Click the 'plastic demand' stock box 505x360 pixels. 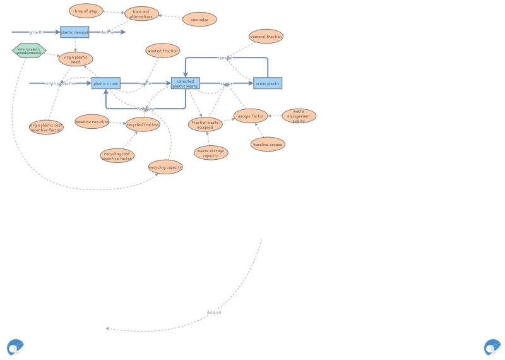pyautogui.click(x=74, y=32)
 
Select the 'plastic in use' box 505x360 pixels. pyautogui.click(x=105, y=83)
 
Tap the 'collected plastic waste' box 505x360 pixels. pyautogui.click(x=185, y=83)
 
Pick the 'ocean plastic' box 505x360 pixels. pyautogui.click(x=268, y=83)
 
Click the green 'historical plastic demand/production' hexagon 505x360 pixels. pyautogui.click(x=29, y=51)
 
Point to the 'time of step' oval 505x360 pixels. pyautogui.click(x=86, y=11)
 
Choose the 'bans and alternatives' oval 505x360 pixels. pyautogui.click(x=141, y=14)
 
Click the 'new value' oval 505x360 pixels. pyautogui.click(x=199, y=20)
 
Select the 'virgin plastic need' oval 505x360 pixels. pyautogui.click(x=76, y=59)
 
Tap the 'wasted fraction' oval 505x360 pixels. pyautogui.click(x=163, y=51)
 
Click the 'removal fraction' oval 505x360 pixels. pyautogui.click(x=266, y=37)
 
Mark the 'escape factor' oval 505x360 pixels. pyautogui.click(x=251, y=116)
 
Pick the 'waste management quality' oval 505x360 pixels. pyautogui.click(x=299, y=116)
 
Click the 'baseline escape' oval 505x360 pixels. pyautogui.click(x=268, y=145)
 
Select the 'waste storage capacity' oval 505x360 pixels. pyautogui.click(x=211, y=152)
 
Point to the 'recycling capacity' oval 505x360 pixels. pyautogui.click(x=165, y=167)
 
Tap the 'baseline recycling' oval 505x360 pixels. pyautogui.click(x=92, y=121)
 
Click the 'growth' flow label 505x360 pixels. pyautogui.click(x=36, y=32)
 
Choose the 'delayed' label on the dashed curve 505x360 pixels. pyautogui.click(x=214, y=312)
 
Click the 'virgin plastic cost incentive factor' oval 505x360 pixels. pyautogui.click(x=46, y=128)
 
